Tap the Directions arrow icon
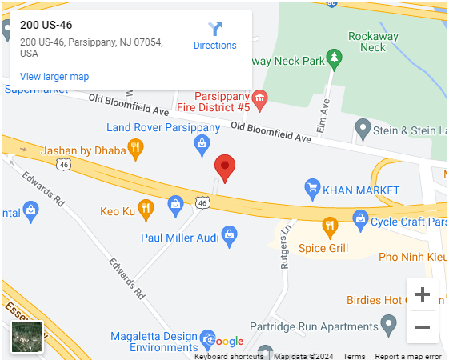click(x=215, y=30)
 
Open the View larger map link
click(x=54, y=77)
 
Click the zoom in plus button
click(x=422, y=294)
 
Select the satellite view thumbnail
click(x=26, y=337)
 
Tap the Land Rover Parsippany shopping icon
click(x=202, y=143)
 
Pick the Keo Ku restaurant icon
click(x=145, y=210)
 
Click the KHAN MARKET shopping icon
click(x=312, y=190)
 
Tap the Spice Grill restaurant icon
click(x=329, y=228)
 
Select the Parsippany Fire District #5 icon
click(x=259, y=98)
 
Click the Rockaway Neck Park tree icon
click(x=335, y=58)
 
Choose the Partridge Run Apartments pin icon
click(x=388, y=326)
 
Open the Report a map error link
click(x=408, y=356)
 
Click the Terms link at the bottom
click(x=354, y=356)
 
